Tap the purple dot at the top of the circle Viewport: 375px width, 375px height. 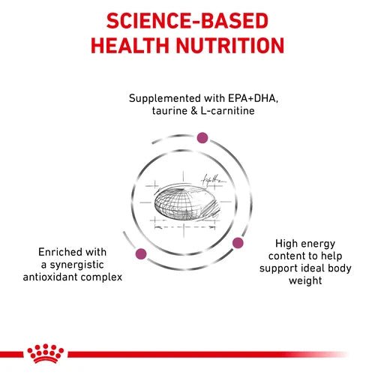click(x=202, y=137)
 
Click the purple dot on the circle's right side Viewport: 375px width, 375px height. click(x=238, y=242)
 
